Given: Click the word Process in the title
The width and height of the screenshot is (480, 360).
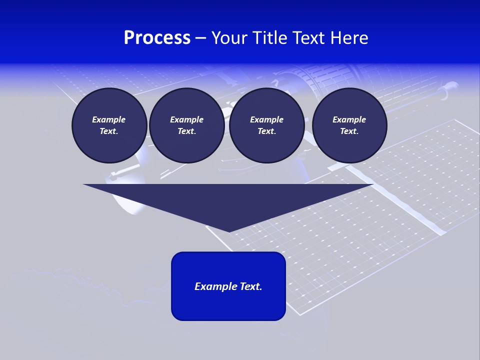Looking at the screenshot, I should tap(157, 38).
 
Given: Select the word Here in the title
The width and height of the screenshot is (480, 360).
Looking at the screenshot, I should tap(349, 38).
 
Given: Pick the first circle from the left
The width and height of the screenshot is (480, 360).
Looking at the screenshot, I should tap(109, 125).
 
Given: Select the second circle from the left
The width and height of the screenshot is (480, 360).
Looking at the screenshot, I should tap(186, 125).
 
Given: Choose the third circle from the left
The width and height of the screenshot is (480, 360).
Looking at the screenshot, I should tap(266, 125).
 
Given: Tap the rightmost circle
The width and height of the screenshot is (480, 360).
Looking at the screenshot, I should tap(349, 125).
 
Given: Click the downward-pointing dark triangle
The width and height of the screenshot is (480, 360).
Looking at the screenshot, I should tap(228, 200).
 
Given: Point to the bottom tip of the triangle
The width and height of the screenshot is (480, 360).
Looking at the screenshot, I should tap(229, 231).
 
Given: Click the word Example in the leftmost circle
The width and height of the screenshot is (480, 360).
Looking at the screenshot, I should tap(109, 119).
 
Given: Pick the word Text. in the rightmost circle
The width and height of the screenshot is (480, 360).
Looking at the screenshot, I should tap(349, 131).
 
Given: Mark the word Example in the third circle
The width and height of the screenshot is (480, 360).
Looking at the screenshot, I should tap(266, 119).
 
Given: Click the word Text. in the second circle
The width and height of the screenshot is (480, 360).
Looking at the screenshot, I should tap(186, 131).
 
